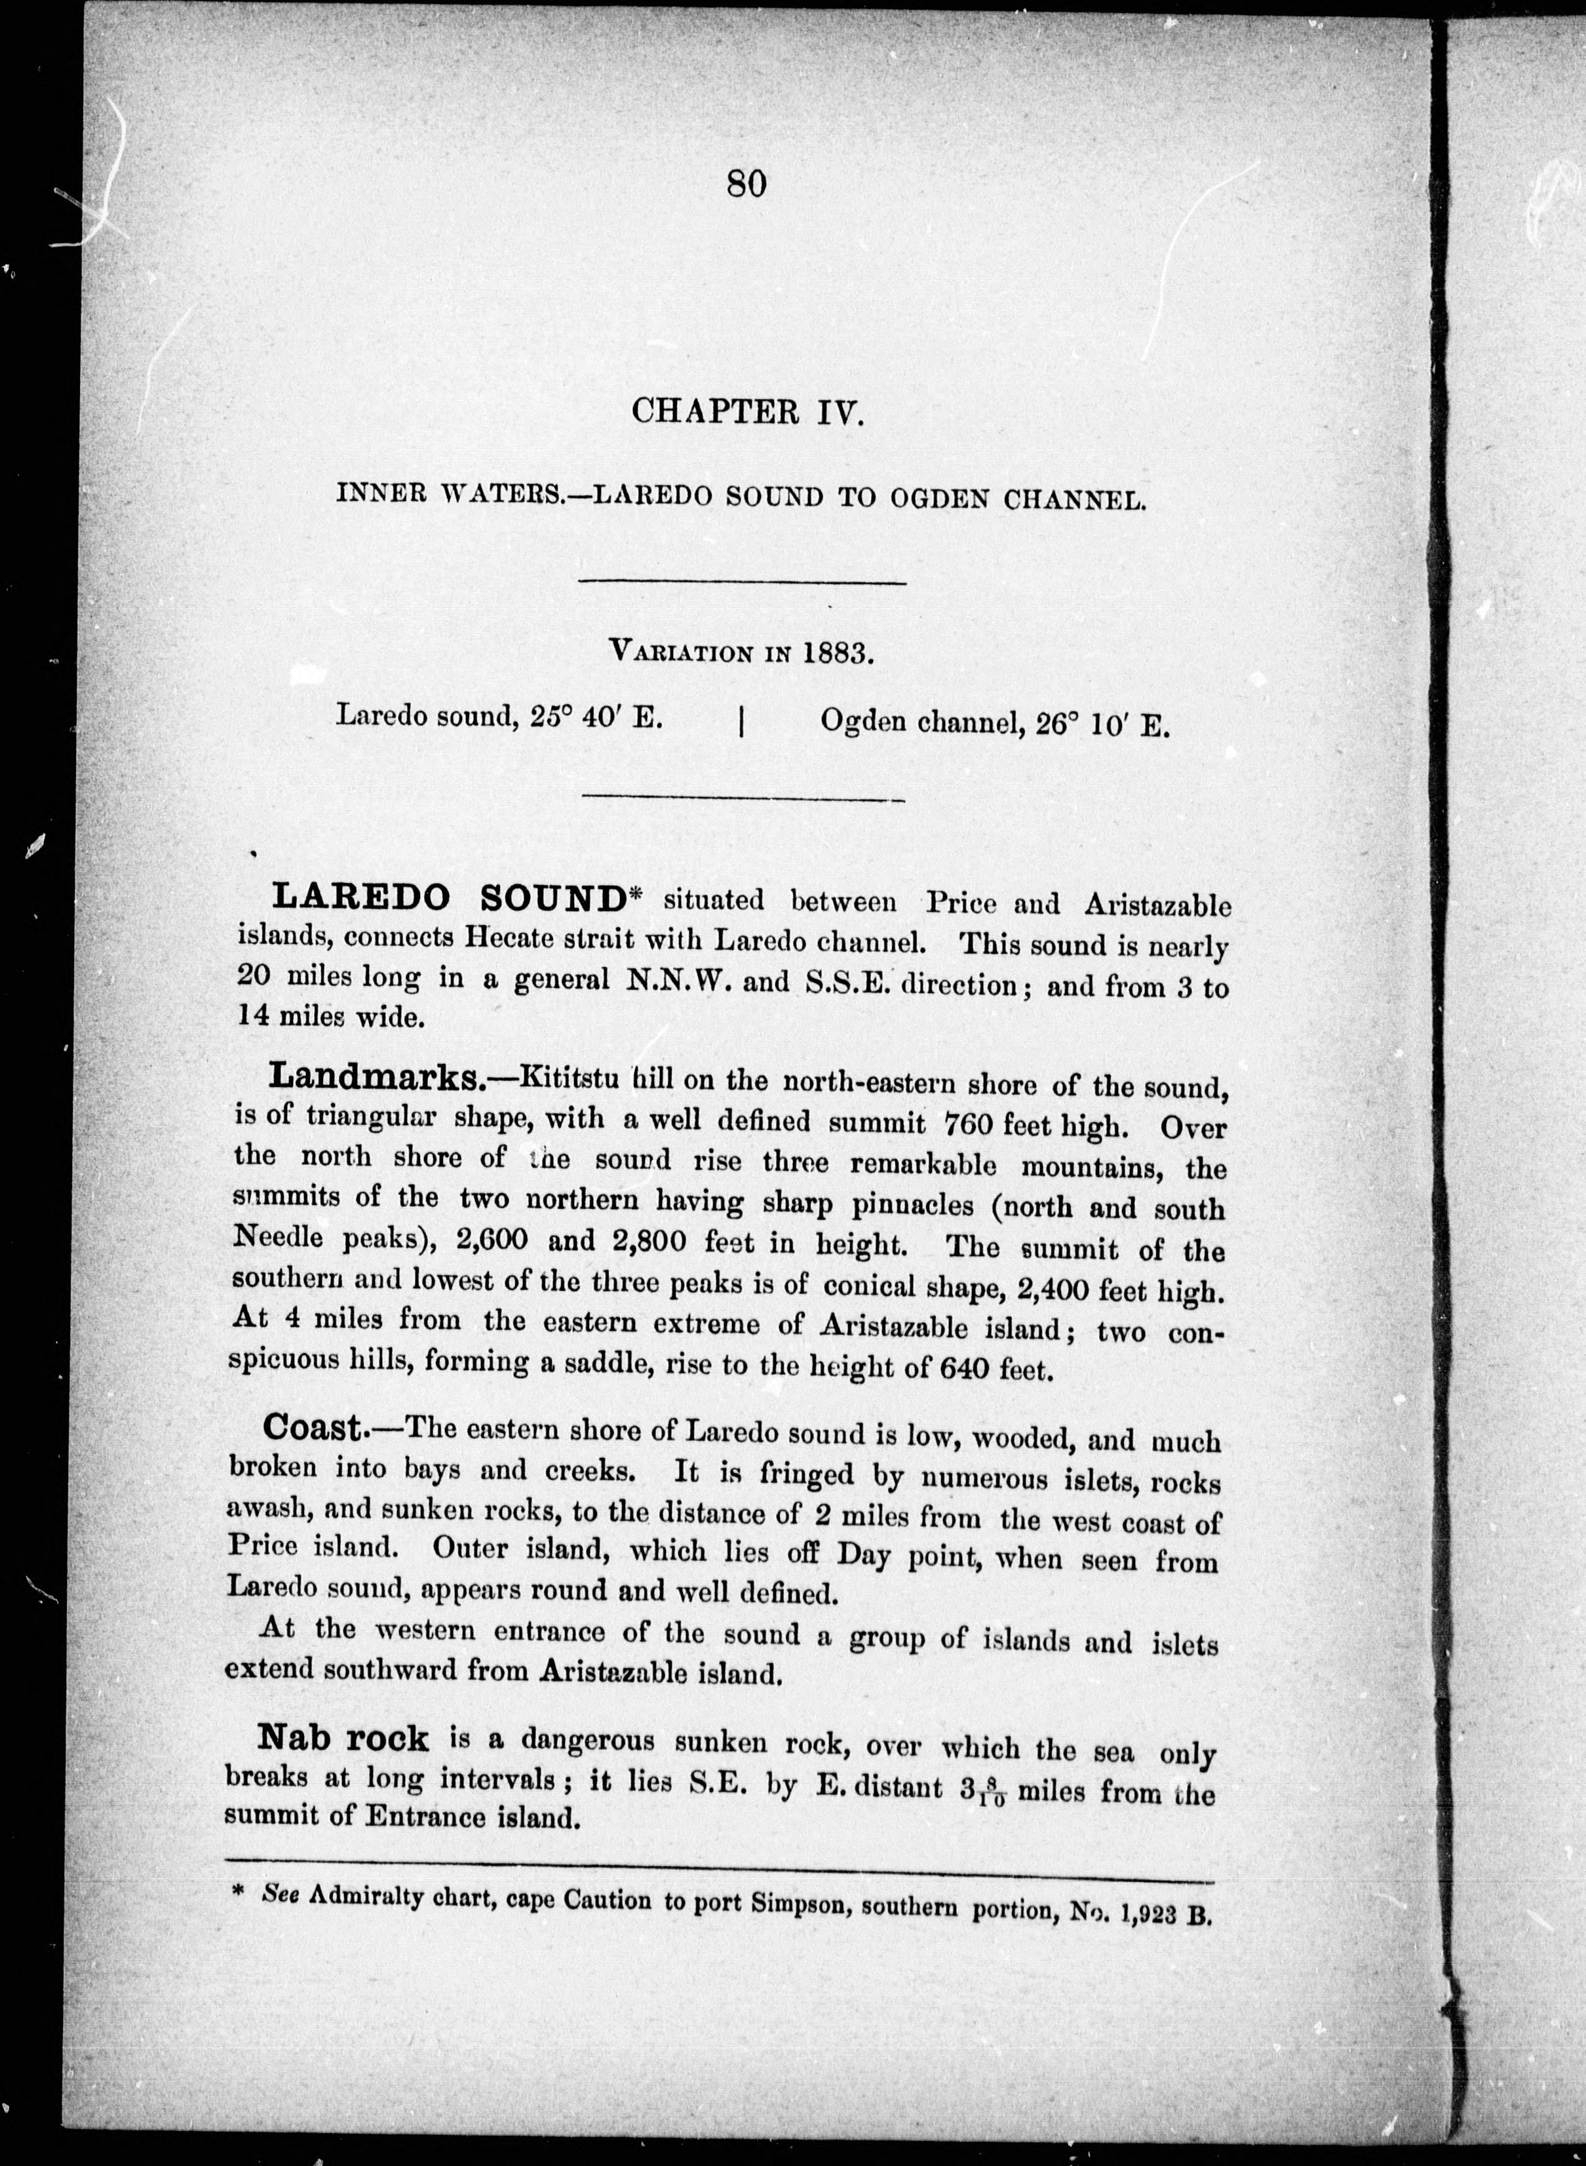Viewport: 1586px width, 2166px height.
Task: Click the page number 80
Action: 747,182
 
